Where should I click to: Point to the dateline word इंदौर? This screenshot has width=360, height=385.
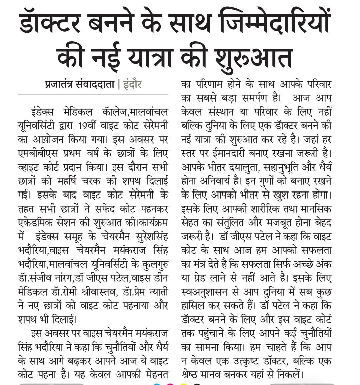click(x=132, y=83)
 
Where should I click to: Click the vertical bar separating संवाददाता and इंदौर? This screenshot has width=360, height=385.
click(x=119, y=83)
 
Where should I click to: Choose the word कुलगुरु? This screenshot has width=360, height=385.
click(x=154, y=264)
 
